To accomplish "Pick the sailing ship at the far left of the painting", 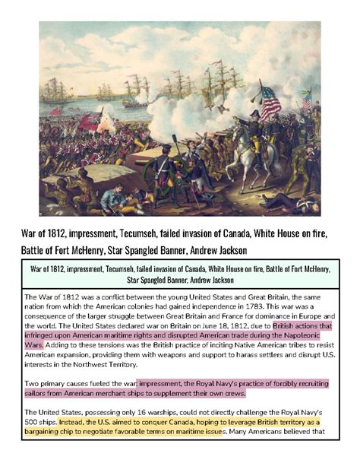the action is click(57, 91).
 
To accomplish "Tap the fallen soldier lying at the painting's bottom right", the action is click(292, 201).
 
